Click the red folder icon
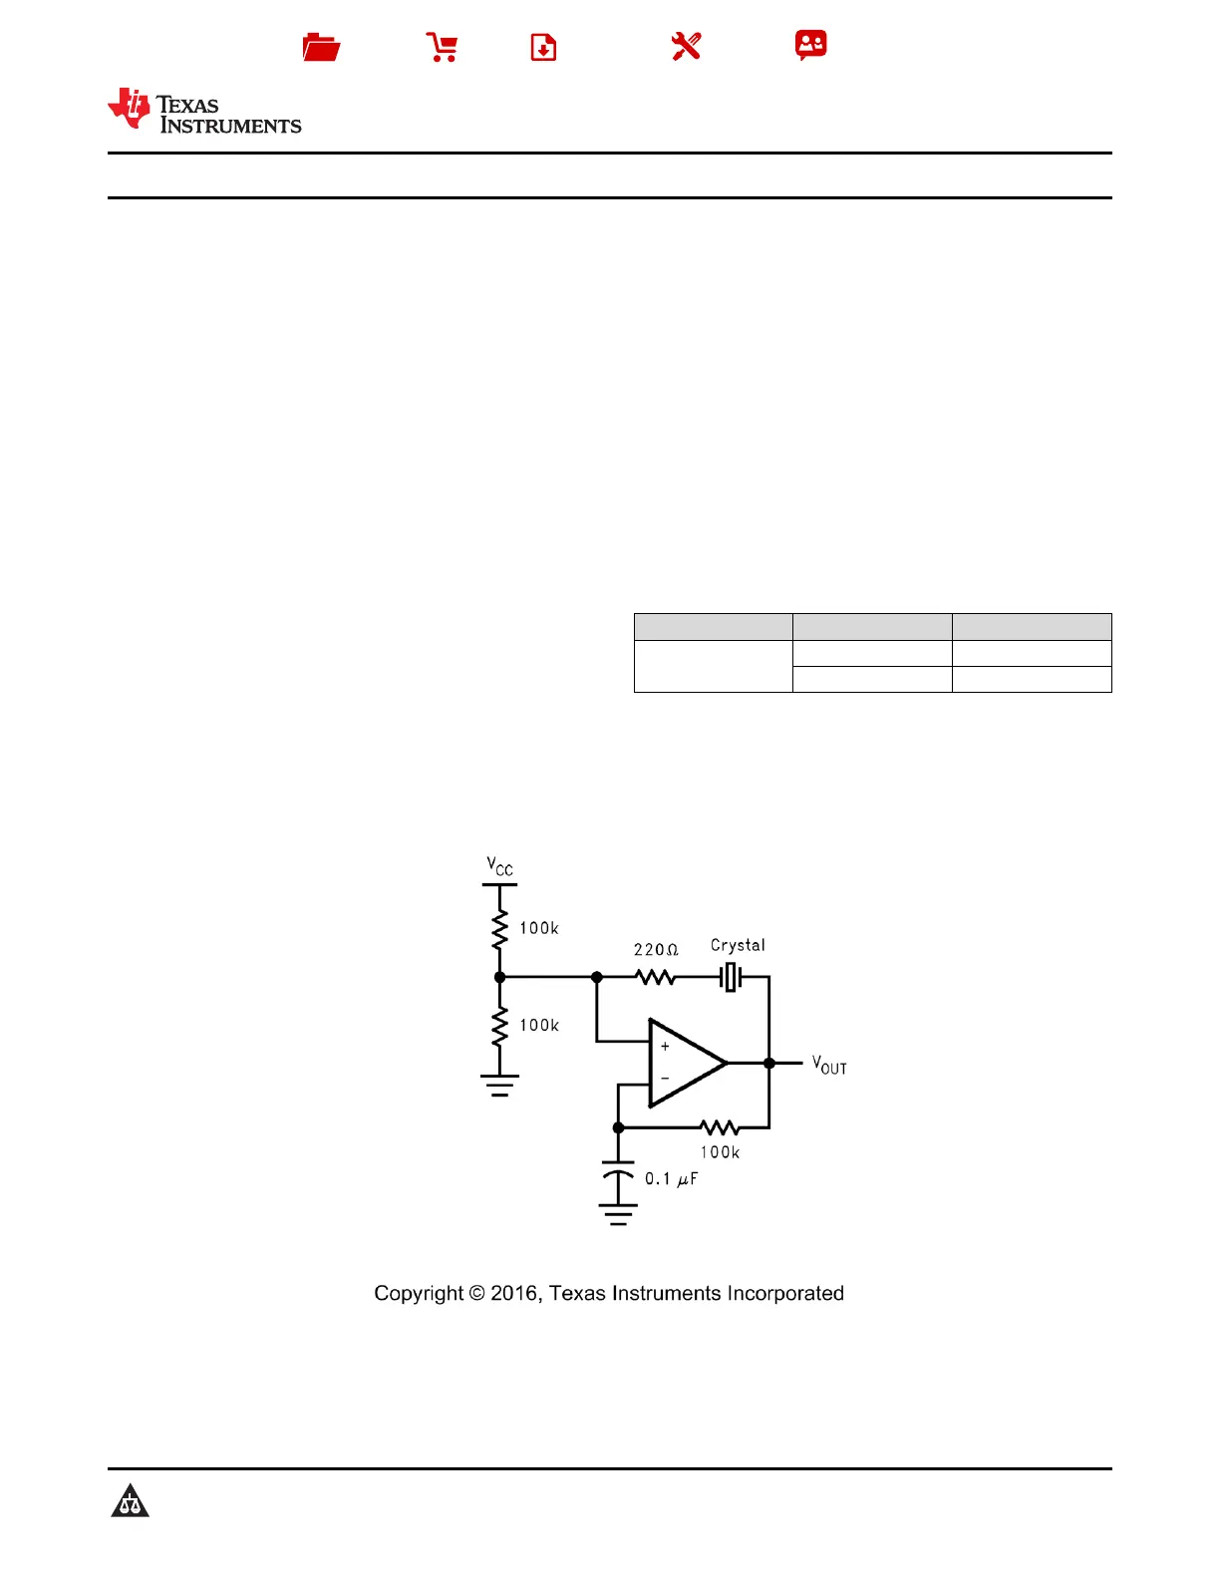(321, 47)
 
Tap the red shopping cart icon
(442, 47)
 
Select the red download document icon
(543, 47)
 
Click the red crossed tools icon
(686, 46)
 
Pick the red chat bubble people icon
(810, 45)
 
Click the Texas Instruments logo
(204, 111)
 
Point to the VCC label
(499, 866)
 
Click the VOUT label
(829, 1066)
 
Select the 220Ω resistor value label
(656, 950)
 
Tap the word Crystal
(738, 945)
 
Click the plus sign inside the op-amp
(665, 1047)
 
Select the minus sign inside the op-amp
(665, 1079)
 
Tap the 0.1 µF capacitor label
(671, 1179)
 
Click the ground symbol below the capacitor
(618, 1214)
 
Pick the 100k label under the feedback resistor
(720, 1152)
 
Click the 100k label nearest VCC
(539, 928)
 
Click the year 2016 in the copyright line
(514, 1294)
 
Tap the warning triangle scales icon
(130, 1501)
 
